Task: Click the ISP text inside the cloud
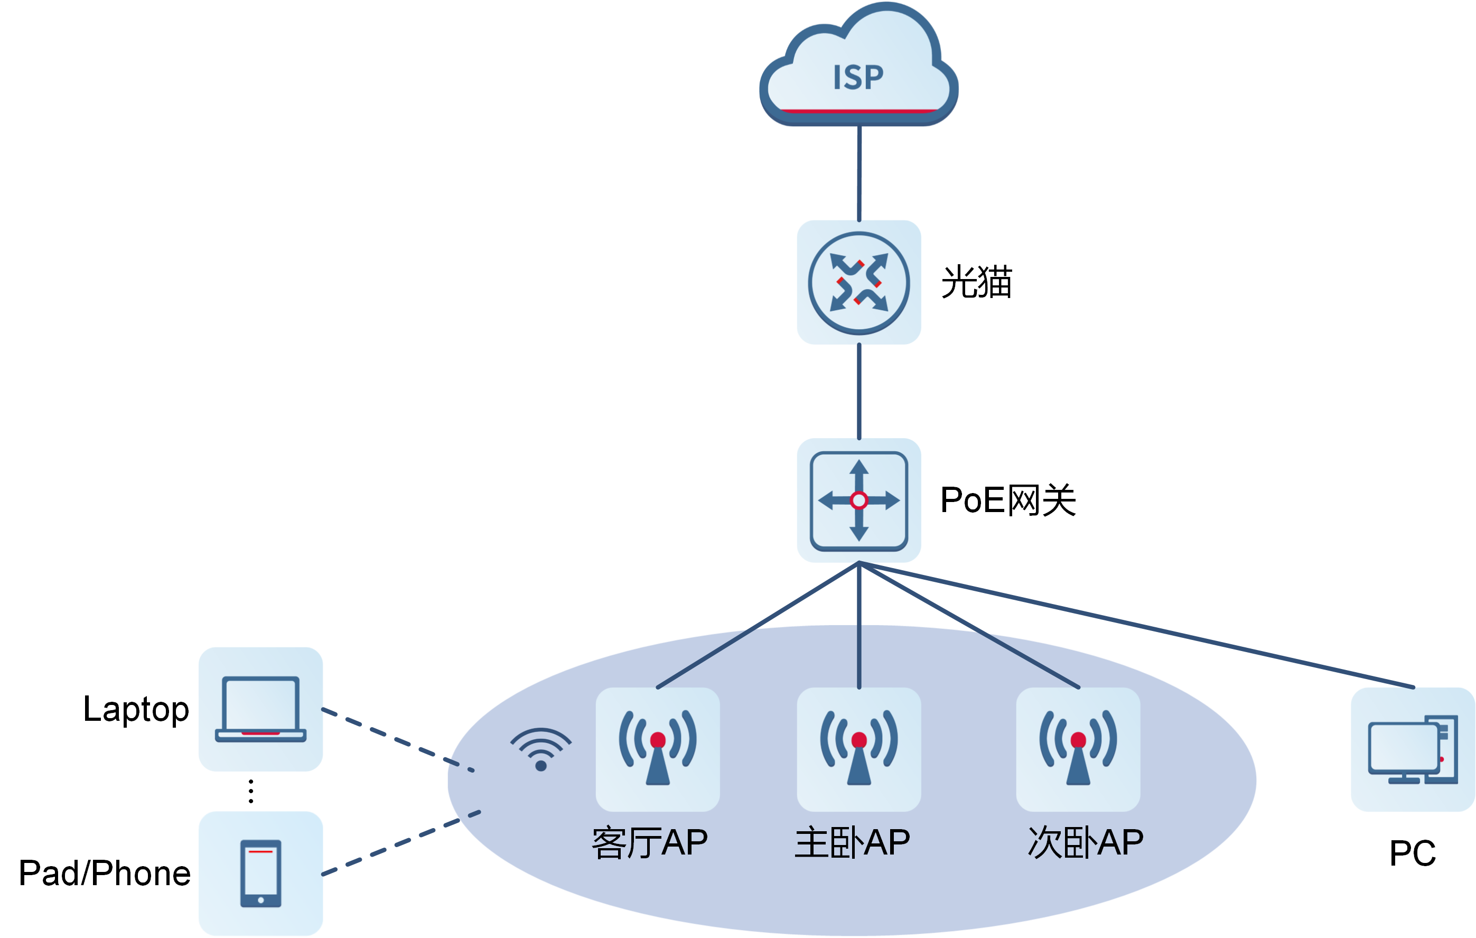(858, 78)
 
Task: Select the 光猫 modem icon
(859, 283)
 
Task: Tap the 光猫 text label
(976, 282)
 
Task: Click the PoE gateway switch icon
(859, 500)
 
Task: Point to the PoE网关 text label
(1008, 500)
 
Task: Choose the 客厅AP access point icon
(658, 749)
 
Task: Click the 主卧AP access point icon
(859, 749)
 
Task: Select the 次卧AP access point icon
(1078, 749)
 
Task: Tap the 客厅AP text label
(650, 842)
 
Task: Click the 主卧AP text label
(852, 842)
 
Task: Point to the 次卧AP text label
(1086, 842)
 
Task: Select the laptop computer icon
(260, 709)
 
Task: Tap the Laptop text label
(136, 709)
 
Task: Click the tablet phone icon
(260, 873)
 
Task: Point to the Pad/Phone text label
(105, 873)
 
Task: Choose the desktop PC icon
(1413, 749)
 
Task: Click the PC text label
(1413, 853)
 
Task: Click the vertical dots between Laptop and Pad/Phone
(251, 791)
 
